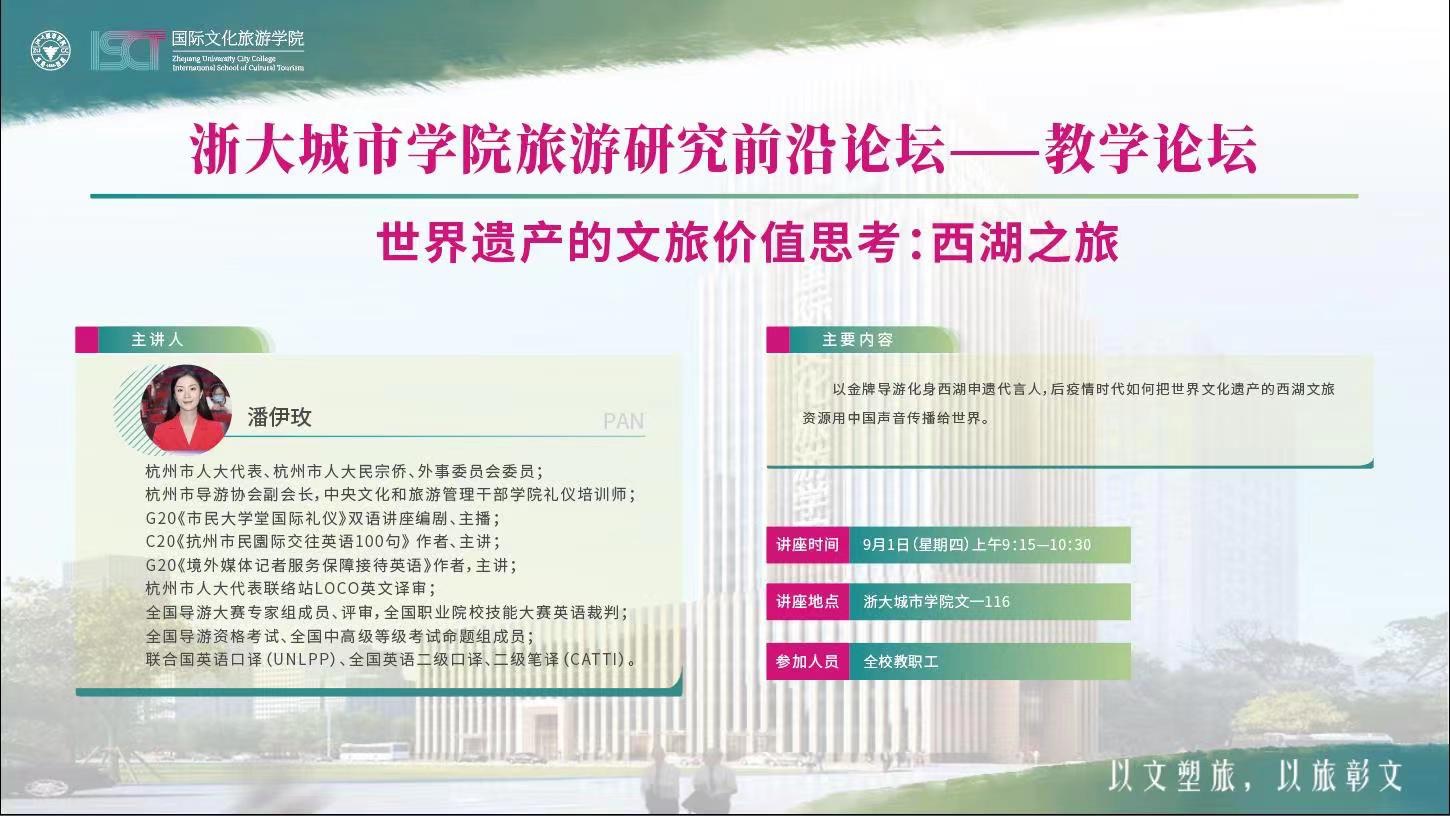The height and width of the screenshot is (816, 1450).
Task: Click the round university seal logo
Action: (x=50, y=50)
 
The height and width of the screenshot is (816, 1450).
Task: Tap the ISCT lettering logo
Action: (x=128, y=50)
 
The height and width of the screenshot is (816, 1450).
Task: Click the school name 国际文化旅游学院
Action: (x=238, y=39)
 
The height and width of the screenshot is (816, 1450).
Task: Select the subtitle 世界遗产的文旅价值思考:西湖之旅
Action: (x=748, y=243)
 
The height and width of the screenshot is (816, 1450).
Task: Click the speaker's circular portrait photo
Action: (x=186, y=408)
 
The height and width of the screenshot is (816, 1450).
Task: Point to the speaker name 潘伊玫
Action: (x=280, y=417)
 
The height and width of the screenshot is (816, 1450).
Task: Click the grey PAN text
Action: (x=623, y=421)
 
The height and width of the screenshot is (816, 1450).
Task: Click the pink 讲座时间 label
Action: (x=807, y=545)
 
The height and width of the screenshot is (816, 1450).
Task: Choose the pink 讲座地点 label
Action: (x=807, y=602)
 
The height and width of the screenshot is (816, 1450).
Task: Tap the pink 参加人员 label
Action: (x=807, y=661)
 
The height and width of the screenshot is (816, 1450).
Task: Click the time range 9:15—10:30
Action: (x=1046, y=545)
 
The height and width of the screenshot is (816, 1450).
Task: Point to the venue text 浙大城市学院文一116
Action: (x=936, y=602)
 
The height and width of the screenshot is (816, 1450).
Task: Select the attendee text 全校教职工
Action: (x=900, y=661)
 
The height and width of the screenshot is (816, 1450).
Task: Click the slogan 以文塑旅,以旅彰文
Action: (x=1255, y=776)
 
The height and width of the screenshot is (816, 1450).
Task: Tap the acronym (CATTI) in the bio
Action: (x=594, y=659)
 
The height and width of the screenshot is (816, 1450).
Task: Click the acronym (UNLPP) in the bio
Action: (x=300, y=659)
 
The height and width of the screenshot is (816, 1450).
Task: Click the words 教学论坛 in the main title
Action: (x=1151, y=150)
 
